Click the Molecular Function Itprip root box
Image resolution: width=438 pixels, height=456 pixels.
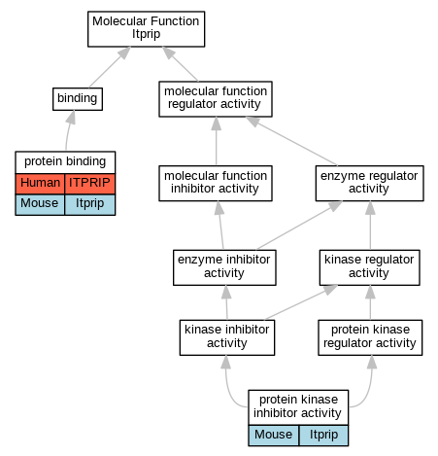146,29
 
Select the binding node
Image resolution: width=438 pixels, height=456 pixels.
78,99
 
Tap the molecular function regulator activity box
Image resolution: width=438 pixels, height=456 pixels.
216,99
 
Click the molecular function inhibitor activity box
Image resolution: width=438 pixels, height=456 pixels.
216,184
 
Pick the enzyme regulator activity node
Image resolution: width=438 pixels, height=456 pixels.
370,184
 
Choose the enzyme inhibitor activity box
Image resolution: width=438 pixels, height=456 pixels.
224,267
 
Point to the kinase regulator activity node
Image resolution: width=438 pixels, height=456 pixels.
370,267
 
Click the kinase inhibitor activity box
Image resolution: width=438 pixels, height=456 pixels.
227,337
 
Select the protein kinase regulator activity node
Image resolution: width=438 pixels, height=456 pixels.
370,337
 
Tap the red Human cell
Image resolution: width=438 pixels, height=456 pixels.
40,184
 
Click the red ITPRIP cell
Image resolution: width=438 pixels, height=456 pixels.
90,184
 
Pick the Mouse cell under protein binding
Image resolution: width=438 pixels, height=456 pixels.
40,204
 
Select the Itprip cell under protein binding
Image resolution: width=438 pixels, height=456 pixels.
90,204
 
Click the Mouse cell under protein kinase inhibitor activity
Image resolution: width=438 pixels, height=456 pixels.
274,436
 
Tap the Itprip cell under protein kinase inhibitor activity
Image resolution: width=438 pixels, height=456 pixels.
323,436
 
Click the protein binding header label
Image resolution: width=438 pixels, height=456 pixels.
65,161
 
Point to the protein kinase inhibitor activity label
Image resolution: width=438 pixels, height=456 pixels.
297,406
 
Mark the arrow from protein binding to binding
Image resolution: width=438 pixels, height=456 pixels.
69,130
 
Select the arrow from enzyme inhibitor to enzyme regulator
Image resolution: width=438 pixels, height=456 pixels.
299,226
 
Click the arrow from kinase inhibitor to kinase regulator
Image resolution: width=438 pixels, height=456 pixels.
301,302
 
